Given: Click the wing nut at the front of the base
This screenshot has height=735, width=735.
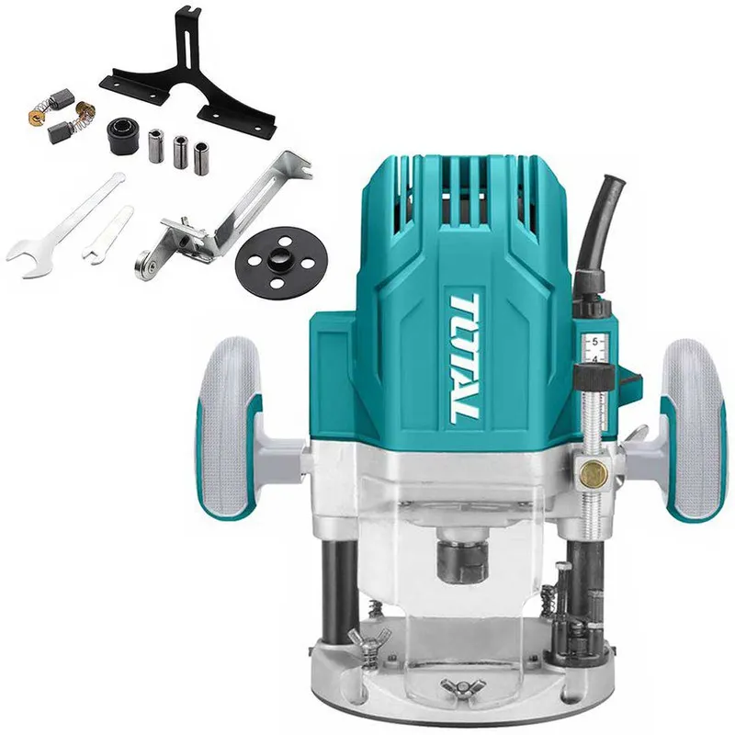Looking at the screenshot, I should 461,686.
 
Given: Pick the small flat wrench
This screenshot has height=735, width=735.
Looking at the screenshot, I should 107,235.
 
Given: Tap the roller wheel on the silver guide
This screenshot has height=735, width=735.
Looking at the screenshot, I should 145,266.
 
